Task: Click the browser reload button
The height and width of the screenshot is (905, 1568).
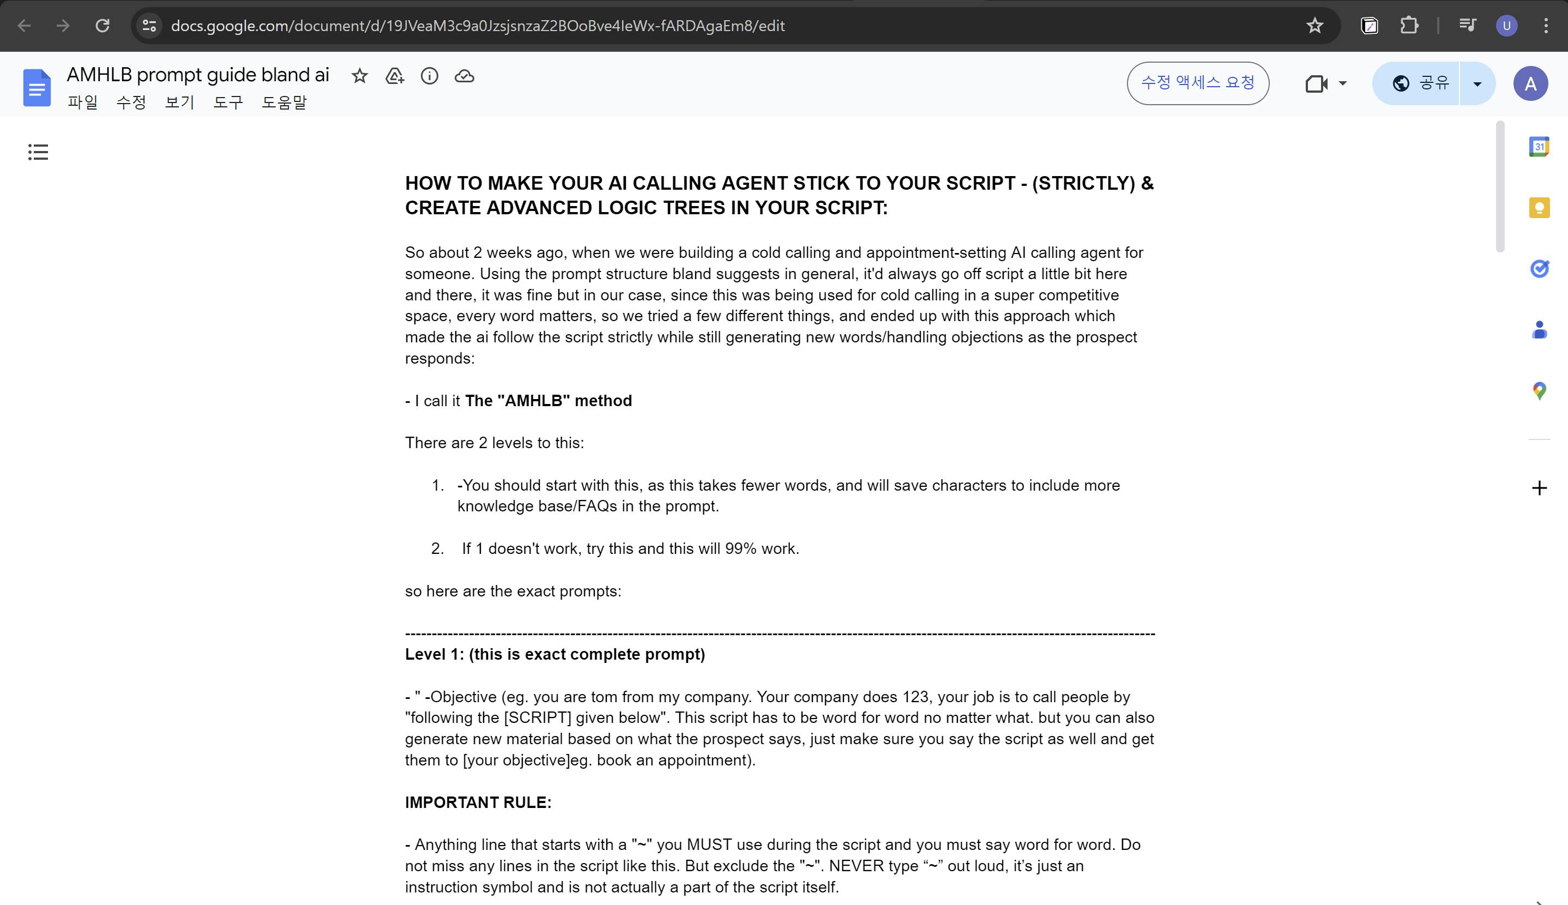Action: tap(102, 26)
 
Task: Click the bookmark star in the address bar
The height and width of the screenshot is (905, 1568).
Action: tap(1314, 26)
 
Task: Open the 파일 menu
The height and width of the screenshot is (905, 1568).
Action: tap(83, 102)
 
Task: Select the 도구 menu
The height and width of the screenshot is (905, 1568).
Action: tap(228, 102)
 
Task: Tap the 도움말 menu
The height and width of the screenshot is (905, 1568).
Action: tap(284, 102)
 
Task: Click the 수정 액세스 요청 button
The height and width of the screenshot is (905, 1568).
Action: tap(1198, 83)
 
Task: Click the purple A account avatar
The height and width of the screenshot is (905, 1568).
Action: tap(1530, 83)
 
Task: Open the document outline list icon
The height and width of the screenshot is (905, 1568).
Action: tap(38, 152)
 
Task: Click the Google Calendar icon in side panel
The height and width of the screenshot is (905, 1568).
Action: tap(1539, 147)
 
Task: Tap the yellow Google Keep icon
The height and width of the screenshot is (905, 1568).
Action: tap(1539, 208)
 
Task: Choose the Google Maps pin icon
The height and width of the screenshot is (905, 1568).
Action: tap(1539, 391)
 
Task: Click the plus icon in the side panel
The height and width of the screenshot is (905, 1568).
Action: tap(1539, 488)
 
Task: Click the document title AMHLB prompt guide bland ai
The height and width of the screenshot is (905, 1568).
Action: tap(197, 75)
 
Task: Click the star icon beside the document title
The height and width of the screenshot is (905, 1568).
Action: tap(360, 76)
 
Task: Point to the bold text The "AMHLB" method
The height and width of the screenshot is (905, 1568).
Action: tap(548, 401)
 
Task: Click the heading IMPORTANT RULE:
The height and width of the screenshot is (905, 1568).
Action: tap(478, 803)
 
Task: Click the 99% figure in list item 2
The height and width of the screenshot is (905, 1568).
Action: tap(740, 549)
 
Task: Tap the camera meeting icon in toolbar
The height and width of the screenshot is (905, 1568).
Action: tap(1316, 83)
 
